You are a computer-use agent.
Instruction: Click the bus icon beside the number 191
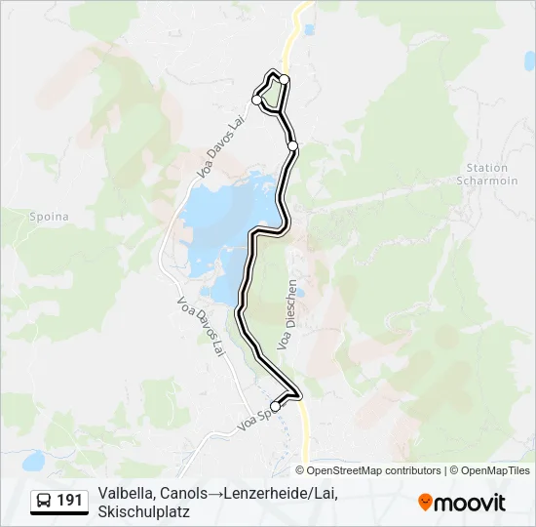[x=45, y=501]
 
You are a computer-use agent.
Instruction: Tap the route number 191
[x=69, y=501]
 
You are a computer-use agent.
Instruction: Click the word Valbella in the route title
[x=125, y=494]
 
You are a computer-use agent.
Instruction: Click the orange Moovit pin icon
[x=425, y=502]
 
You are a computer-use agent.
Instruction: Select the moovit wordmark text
[x=471, y=502]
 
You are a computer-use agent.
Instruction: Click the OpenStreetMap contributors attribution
[x=374, y=470]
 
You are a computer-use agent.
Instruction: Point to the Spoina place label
[x=49, y=216]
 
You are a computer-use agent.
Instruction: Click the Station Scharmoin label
[x=487, y=175]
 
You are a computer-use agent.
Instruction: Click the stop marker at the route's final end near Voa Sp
[x=275, y=406]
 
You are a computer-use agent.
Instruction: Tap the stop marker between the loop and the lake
[x=292, y=145]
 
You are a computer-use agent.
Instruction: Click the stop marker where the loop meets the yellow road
[x=285, y=79]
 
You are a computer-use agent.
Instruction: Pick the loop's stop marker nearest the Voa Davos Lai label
[x=257, y=100]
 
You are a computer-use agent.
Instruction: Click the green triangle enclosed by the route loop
[x=275, y=94]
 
